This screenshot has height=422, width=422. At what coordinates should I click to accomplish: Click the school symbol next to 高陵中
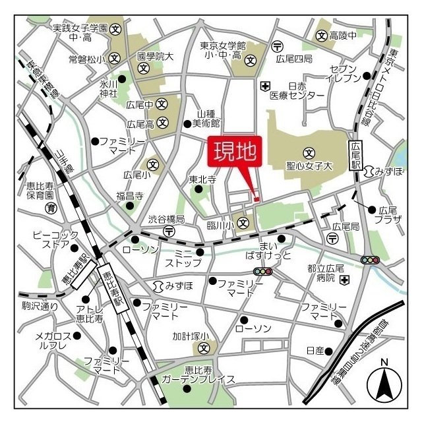(x=322, y=34)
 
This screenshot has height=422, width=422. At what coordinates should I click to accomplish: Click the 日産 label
(x=315, y=350)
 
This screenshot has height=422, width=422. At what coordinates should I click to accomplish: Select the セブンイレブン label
(x=344, y=73)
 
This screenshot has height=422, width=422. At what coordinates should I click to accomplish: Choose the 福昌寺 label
(x=130, y=195)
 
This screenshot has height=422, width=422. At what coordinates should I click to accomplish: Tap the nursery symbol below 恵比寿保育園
(x=50, y=208)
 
